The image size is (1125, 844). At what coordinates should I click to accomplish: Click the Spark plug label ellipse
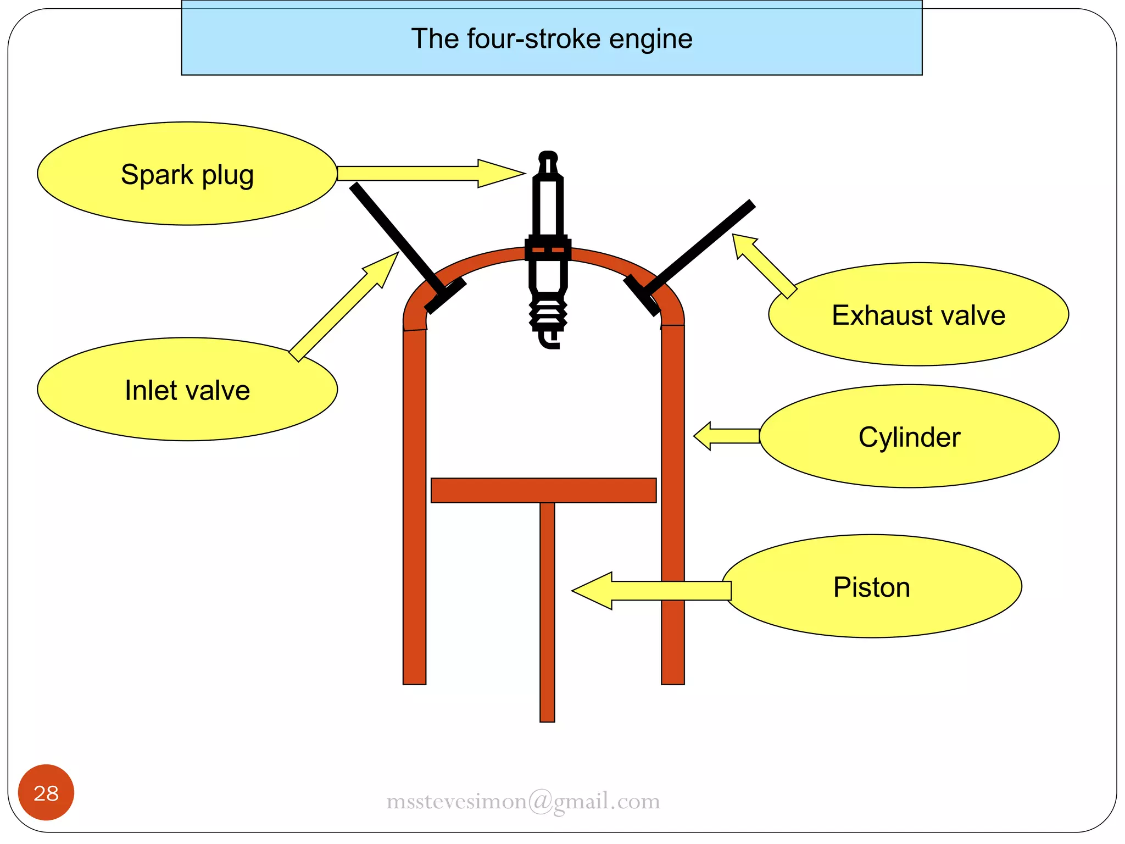tap(187, 174)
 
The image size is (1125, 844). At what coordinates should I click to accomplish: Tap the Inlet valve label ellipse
tap(187, 390)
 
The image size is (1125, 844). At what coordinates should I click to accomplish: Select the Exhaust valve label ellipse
tap(918, 314)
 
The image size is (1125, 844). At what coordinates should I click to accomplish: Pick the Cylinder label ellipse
tap(909, 436)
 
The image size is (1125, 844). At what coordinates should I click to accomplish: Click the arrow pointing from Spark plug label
tap(428, 174)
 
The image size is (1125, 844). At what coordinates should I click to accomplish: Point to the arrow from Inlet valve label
tap(343, 307)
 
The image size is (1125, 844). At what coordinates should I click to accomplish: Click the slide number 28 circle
tap(46, 792)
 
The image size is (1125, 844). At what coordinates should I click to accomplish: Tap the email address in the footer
tap(523, 802)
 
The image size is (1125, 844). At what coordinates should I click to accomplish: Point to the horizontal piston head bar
tap(543, 490)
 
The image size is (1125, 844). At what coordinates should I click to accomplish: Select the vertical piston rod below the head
tap(547, 610)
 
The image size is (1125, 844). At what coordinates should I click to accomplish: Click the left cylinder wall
tap(414, 506)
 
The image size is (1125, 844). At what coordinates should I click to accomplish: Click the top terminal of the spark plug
tap(548, 159)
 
